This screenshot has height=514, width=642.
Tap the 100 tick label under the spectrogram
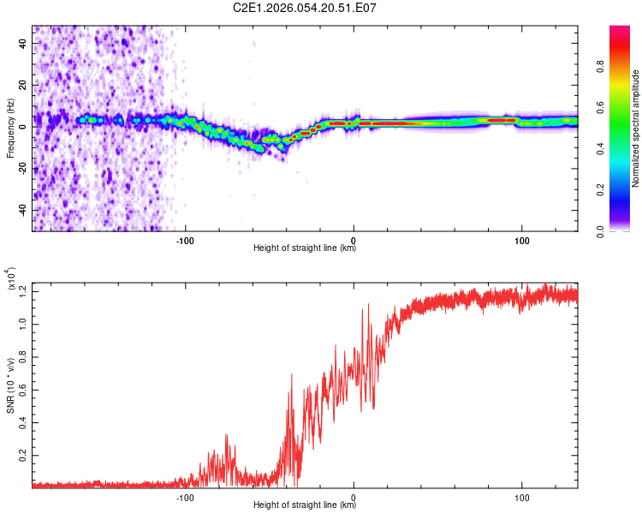click(x=521, y=239)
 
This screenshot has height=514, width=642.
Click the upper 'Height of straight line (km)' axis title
click(x=305, y=248)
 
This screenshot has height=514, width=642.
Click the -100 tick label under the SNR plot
click(x=185, y=496)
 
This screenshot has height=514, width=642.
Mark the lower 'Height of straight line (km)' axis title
click(x=305, y=505)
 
